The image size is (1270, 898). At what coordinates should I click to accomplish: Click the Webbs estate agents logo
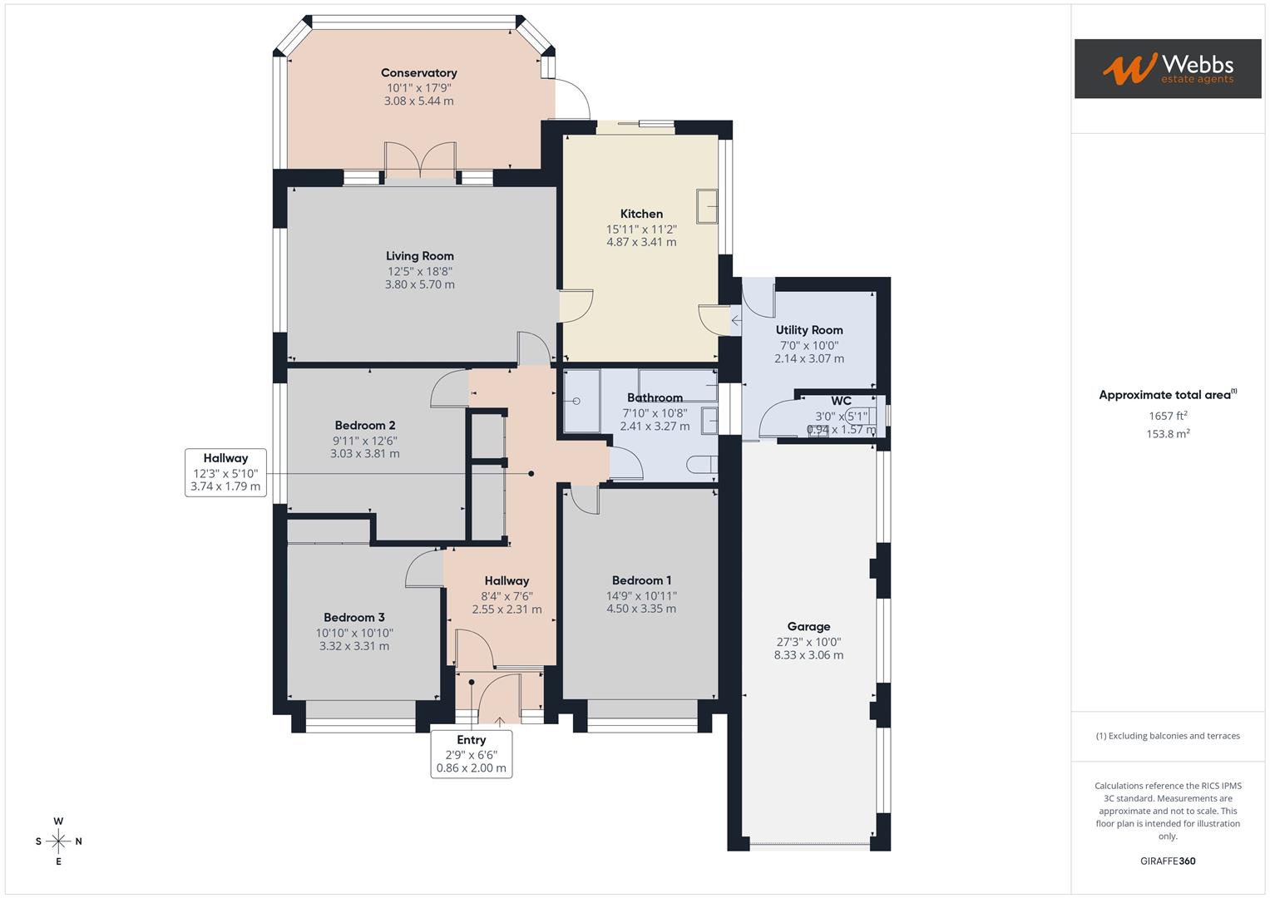pos(1167,68)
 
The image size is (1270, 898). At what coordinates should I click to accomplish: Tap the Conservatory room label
pos(418,73)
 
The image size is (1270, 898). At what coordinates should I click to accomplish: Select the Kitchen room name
pos(641,214)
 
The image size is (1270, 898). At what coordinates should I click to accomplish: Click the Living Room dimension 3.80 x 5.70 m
pos(419,284)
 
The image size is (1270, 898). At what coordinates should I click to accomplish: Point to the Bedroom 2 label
pos(364,426)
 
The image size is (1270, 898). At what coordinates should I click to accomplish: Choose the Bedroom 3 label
pos(353,617)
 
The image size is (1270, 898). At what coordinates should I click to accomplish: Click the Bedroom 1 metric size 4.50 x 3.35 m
pos(640,609)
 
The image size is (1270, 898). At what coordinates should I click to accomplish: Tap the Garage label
pos(808,627)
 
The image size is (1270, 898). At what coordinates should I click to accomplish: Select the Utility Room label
pos(808,330)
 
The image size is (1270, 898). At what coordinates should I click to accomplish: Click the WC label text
pos(841,402)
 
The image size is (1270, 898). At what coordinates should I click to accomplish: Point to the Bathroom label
pos(655,397)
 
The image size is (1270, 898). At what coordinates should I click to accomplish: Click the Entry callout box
pos(471,754)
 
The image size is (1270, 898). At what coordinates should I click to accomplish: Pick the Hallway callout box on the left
pos(225,472)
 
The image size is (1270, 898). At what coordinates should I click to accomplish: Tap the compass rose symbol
pos(58,841)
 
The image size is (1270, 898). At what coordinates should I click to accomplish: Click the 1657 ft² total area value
pos(1168,416)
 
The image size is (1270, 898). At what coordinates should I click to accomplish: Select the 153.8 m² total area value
pos(1168,433)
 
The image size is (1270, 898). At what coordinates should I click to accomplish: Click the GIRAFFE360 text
pos(1168,861)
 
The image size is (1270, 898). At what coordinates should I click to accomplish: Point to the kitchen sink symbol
pos(707,206)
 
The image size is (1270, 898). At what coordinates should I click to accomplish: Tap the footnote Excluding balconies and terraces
pos(1168,736)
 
